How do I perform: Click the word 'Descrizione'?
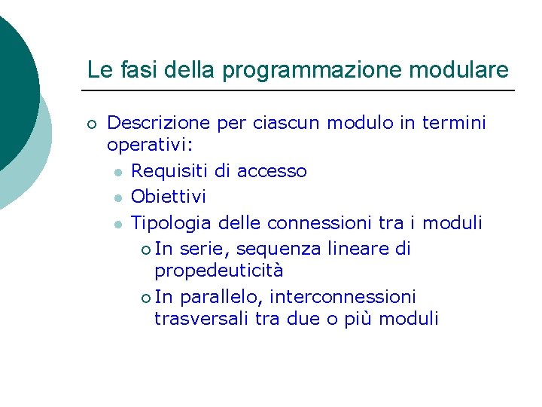(x=159, y=122)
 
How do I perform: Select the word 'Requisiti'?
(x=170, y=171)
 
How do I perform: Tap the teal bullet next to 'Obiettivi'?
(x=118, y=197)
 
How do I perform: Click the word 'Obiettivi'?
(x=168, y=197)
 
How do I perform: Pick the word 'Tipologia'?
(x=172, y=223)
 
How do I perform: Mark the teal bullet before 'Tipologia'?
(x=118, y=224)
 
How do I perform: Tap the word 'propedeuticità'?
(x=218, y=271)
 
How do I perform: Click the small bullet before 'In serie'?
(x=145, y=249)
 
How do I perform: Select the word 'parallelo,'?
(x=219, y=297)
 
